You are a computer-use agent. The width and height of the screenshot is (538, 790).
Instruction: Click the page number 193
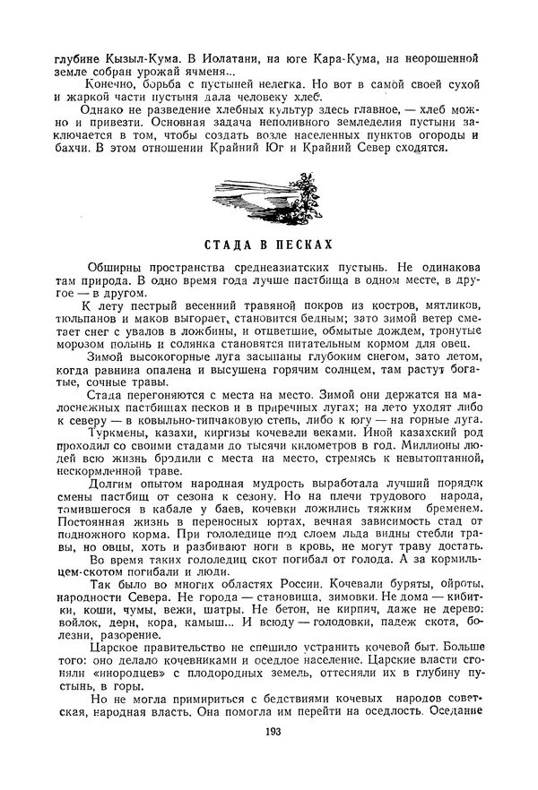pyautogui.click(x=274, y=760)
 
